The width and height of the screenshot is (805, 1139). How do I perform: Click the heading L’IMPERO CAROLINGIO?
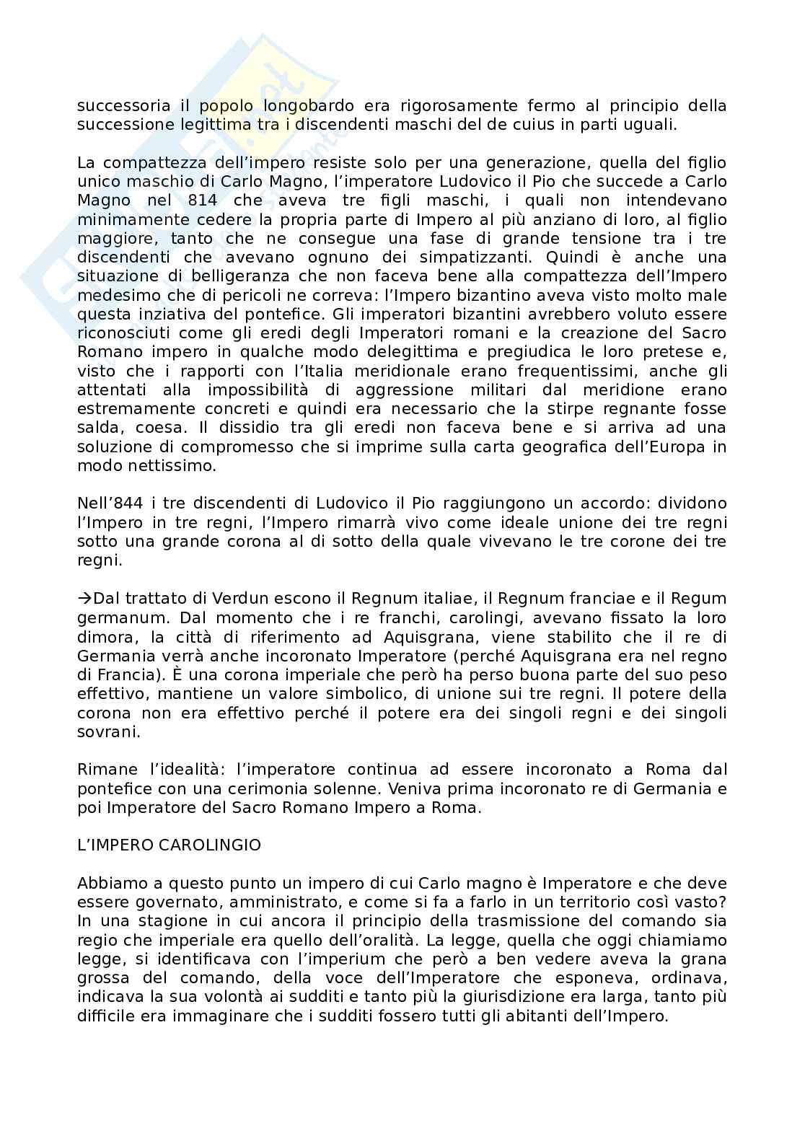(x=169, y=845)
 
